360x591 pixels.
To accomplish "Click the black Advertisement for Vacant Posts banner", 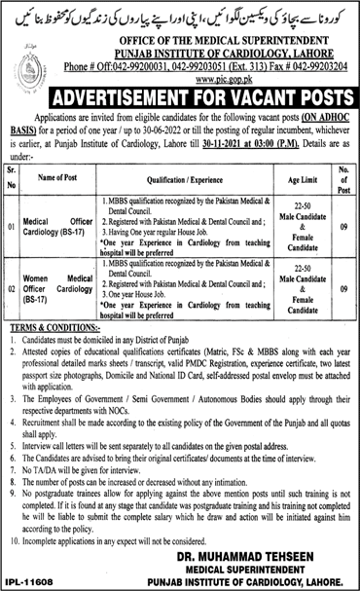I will pos(181,99).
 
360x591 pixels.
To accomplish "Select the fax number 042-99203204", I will pos(319,64).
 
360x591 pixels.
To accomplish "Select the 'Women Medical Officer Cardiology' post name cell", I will pos(58,295).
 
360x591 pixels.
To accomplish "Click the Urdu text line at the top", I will pos(180,18).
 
